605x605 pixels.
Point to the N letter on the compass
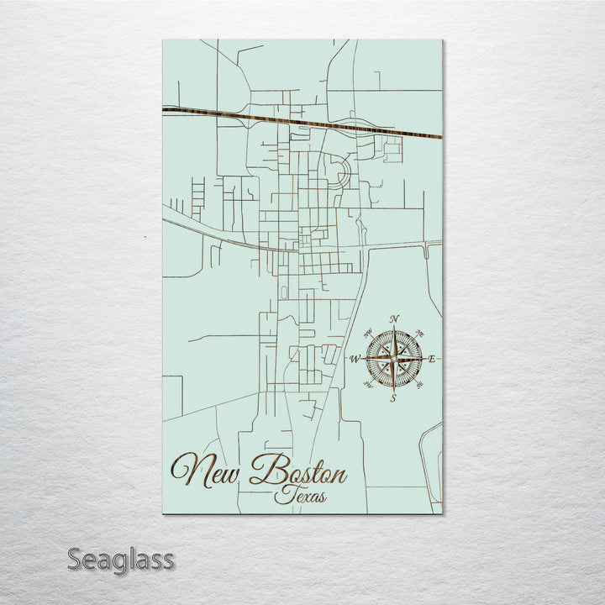pyautogui.click(x=394, y=319)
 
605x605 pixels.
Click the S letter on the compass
pyautogui.click(x=393, y=398)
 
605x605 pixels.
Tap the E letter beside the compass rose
pyautogui.click(x=432, y=359)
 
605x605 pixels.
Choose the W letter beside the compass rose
pyautogui.click(x=355, y=359)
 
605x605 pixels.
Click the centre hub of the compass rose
pyautogui.click(x=393, y=359)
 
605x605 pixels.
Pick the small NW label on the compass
pyautogui.click(x=368, y=334)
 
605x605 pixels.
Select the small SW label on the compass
pyautogui.click(x=368, y=384)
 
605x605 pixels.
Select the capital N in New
pyautogui.click(x=187, y=471)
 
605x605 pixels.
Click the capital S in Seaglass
pyautogui.click(x=75, y=559)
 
